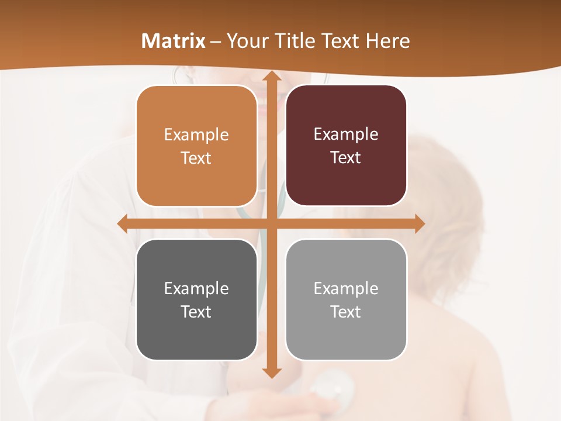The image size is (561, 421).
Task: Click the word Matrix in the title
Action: click(x=174, y=41)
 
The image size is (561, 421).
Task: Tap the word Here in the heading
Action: click(x=387, y=41)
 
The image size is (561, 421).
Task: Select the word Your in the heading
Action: click(x=247, y=41)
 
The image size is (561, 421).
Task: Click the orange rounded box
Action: click(x=196, y=146)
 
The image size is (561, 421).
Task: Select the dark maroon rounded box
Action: click(x=346, y=146)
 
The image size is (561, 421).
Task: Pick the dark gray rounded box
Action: click(x=196, y=299)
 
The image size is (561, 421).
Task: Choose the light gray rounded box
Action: click(x=346, y=299)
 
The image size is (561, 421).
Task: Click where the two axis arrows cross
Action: click(x=271, y=223)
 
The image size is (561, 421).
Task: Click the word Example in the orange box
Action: click(x=196, y=135)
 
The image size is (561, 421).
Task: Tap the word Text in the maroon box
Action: click(x=346, y=158)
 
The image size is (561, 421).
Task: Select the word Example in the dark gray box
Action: click(x=196, y=289)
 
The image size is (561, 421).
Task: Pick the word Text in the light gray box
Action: click(x=346, y=312)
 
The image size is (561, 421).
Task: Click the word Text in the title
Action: click(x=341, y=41)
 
